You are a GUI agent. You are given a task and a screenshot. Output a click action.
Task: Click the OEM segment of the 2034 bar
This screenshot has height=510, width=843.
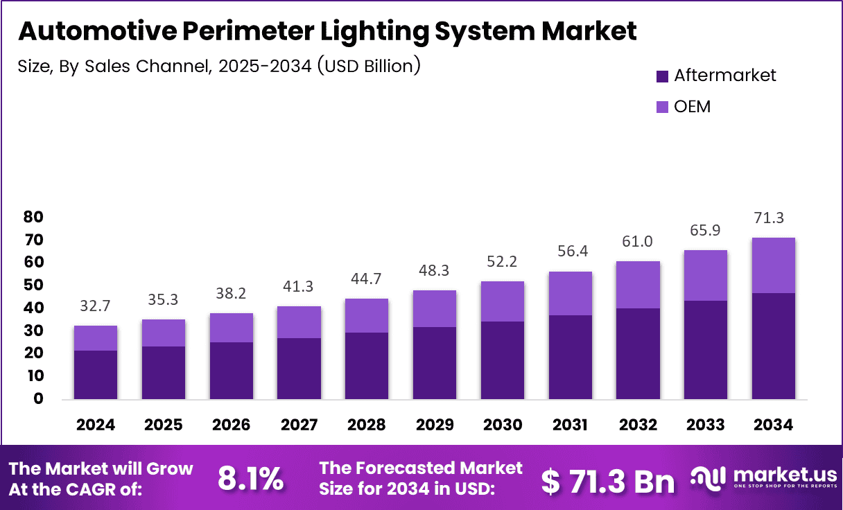(x=773, y=265)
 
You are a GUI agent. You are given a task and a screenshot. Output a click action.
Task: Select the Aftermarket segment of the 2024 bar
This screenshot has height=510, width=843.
(x=96, y=375)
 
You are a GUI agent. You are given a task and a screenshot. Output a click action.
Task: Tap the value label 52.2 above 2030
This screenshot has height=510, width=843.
(x=502, y=261)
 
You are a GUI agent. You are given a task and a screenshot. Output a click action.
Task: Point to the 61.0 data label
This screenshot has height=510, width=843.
(x=638, y=241)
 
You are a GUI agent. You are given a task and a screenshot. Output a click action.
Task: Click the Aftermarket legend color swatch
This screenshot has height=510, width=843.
(x=662, y=76)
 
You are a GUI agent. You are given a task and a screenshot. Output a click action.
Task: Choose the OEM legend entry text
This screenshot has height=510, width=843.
(x=692, y=107)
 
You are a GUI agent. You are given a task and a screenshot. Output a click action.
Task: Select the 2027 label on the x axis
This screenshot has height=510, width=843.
(x=299, y=424)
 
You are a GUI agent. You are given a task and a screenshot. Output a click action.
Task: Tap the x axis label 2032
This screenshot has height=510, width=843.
(x=637, y=424)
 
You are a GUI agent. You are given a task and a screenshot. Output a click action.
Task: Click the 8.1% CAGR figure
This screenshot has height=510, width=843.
(x=250, y=479)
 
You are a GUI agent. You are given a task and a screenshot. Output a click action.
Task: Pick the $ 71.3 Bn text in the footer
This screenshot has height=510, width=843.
(x=608, y=480)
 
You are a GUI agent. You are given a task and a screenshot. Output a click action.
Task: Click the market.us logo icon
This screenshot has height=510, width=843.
(x=709, y=477)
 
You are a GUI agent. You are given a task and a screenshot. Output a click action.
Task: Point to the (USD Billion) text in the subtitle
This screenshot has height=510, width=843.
(x=367, y=67)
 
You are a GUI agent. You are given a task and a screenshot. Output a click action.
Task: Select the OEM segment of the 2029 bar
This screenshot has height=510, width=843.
(x=435, y=308)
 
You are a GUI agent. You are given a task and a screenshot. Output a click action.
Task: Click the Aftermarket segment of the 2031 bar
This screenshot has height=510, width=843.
(x=570, y=358)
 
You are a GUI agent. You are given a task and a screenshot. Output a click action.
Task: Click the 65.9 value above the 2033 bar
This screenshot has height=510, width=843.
(x=705, y=230)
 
